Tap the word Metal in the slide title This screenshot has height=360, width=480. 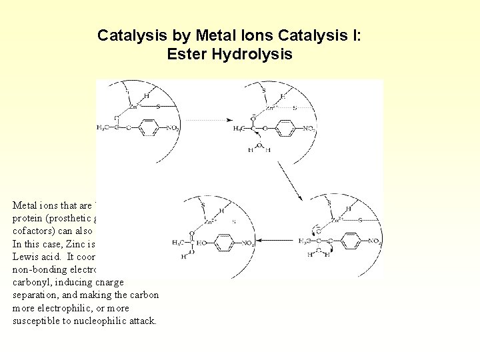click(186, 35)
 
